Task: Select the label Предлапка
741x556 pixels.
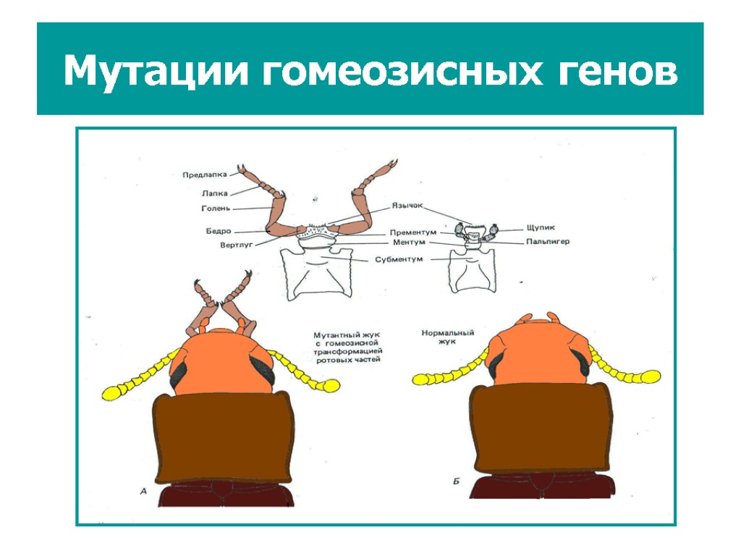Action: (x=205, y=174)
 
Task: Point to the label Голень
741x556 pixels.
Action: (x=215, y=208)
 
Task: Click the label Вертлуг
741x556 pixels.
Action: (x=235, y=245)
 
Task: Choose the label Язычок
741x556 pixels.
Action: (x=407, y=205)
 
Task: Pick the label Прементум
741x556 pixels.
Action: (x=413, y=232)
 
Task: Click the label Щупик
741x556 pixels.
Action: (x=520, y=227)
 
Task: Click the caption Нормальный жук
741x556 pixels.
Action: (x=447, y=337)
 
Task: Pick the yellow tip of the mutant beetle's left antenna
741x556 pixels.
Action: (x=112, y=393)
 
